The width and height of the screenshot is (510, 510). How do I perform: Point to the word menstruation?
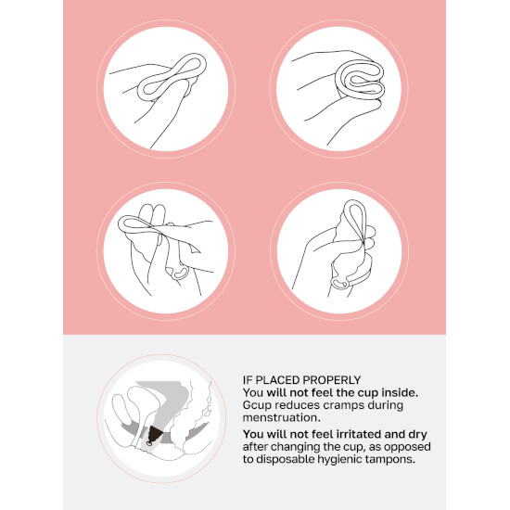[282, 417]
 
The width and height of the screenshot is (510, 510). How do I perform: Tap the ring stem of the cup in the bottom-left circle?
[178, 273]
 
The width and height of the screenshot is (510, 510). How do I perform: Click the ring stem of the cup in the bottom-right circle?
[339, 283]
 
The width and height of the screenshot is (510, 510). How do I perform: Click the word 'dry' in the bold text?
[417, 435]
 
